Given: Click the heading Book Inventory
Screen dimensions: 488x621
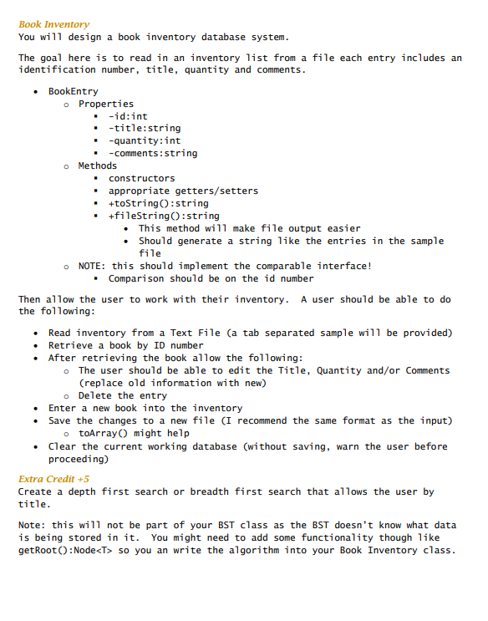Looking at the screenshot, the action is point(53,24).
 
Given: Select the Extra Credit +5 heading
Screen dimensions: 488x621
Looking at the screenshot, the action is point(53,479).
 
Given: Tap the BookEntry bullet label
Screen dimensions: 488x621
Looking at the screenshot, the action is point(73,91).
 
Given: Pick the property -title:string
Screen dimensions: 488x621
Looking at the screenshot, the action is point(144,129).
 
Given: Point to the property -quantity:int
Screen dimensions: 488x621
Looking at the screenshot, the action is point(144,140).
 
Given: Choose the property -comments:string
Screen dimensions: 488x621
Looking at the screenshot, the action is point(153,153).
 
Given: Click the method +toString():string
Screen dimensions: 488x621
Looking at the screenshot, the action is point(159,203).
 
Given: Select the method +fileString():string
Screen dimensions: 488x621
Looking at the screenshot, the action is point(164,216).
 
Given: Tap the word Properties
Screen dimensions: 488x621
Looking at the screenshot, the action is point(106,104).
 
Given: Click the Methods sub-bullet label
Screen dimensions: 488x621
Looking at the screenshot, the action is point(98,165).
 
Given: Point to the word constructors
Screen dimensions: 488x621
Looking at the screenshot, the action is point(141,178).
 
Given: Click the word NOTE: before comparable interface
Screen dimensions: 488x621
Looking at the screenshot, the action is point(94,266).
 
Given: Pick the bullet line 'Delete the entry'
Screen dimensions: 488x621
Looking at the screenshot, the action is point(123,395).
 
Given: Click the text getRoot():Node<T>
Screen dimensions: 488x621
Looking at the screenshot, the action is point(66,550).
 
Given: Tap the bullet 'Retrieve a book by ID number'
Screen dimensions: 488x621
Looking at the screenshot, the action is point(125,345).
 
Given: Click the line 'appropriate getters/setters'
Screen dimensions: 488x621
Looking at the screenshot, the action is point(183,191).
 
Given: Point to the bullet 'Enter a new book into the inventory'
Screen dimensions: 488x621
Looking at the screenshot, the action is point(145,408).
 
